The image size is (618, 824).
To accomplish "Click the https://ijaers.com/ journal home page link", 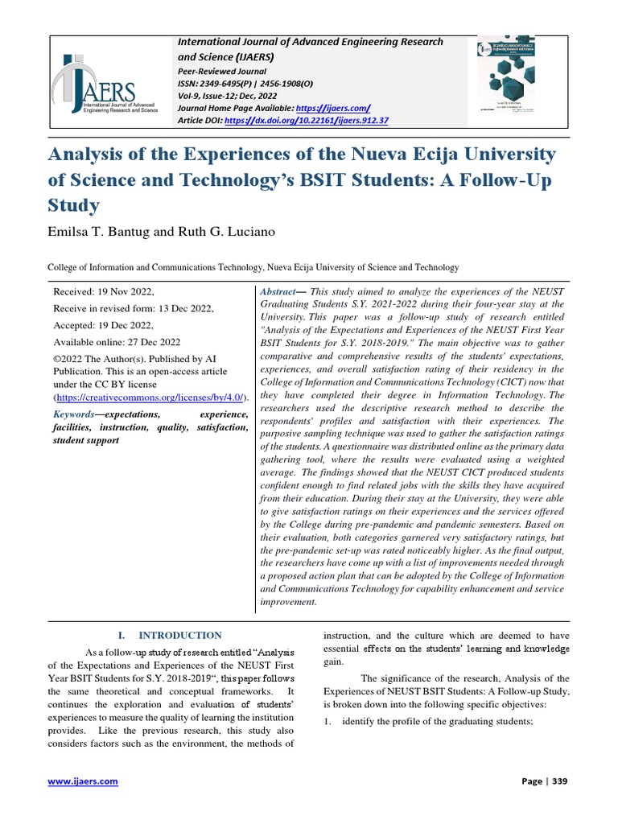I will click(332, 107).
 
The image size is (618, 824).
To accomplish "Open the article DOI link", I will click(308, 120).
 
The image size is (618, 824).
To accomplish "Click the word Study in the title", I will click(74, 205).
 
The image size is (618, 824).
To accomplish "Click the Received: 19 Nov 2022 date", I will click(103, 292).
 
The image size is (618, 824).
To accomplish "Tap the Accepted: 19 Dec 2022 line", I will click(102, 325).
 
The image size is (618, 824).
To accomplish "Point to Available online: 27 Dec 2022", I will click(117, 341).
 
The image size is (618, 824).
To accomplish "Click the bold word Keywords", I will click(73, 414).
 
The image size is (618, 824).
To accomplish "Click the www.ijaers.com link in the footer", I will click(83, 781).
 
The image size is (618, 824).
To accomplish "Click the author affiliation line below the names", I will click(253, 267).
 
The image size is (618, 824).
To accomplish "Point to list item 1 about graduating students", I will click(427, 720).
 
